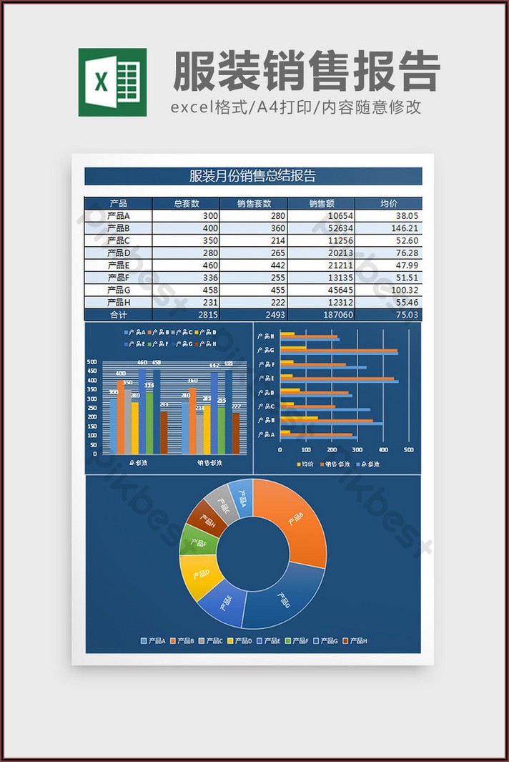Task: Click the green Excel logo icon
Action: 112,82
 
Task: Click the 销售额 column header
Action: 321,203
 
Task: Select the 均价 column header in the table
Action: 389,203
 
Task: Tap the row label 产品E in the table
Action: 118,265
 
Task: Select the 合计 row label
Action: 118,315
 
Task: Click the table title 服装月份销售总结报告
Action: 253,176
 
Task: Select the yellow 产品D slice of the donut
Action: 197,576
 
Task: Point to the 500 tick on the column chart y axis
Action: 92,362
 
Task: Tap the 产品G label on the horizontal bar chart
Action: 266,350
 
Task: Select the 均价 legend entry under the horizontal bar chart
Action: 305,464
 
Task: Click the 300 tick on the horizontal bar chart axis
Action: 357,450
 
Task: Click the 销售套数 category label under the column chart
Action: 209,462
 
